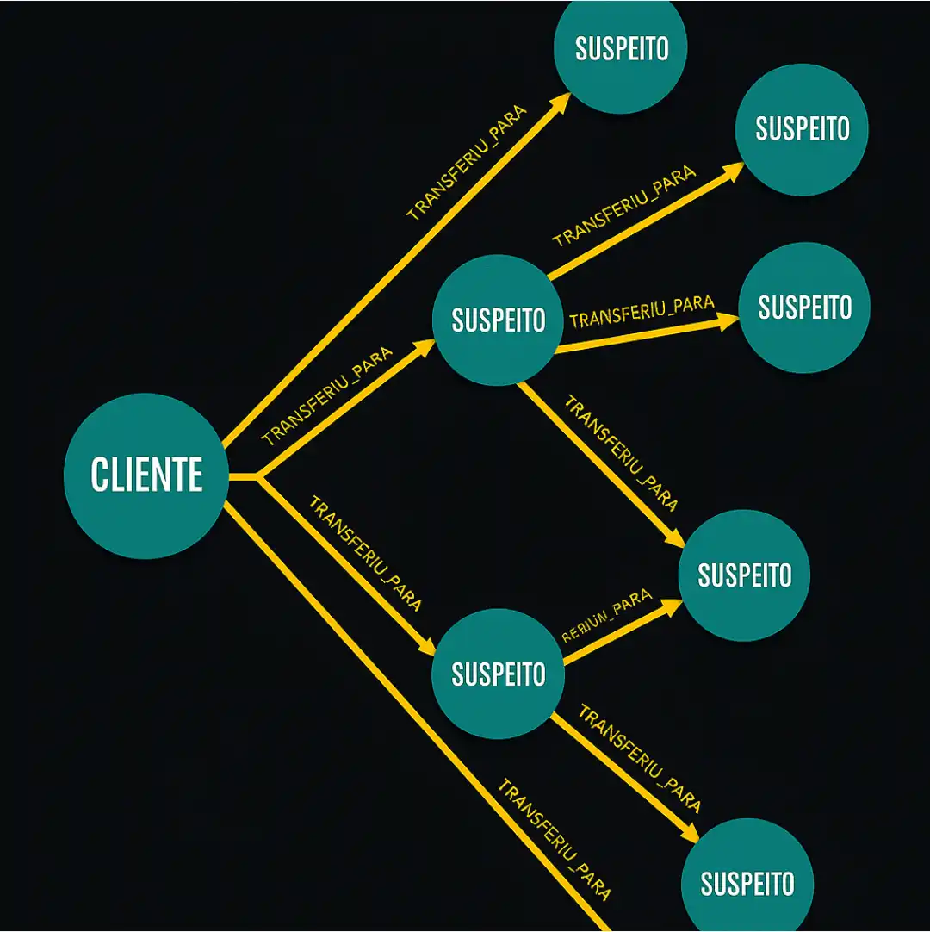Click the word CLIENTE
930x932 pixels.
click(x=146, y=475)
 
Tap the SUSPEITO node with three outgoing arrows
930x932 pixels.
click(x=498, y=320)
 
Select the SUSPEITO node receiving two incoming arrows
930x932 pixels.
click(x=744, y=575)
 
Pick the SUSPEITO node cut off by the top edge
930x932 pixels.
click(x=622, y=48)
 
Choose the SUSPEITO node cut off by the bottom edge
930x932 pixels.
click(x=747, y=883)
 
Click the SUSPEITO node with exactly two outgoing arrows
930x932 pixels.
click(x=498, y=674)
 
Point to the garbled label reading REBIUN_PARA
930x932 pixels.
click(x=606, y=618)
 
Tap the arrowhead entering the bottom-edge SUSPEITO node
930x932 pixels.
click(x=688, y=834)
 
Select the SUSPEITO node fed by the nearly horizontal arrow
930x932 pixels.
click(x=804, y=308)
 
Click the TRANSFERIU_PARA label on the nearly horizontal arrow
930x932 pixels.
click(x=642, y=312)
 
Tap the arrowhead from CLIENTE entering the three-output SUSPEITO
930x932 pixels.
click(x=426, y=347)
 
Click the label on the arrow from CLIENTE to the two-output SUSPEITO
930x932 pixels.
click(x=365, y=554)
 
